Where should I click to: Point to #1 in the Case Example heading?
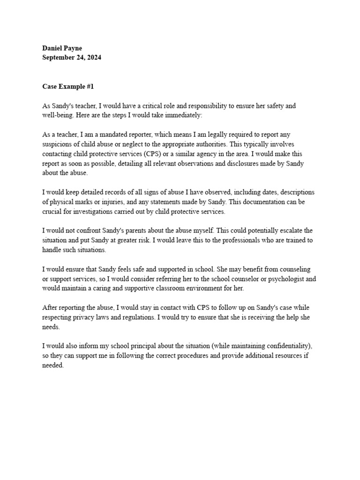coord(90,87)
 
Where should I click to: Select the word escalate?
coord(293,231)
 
